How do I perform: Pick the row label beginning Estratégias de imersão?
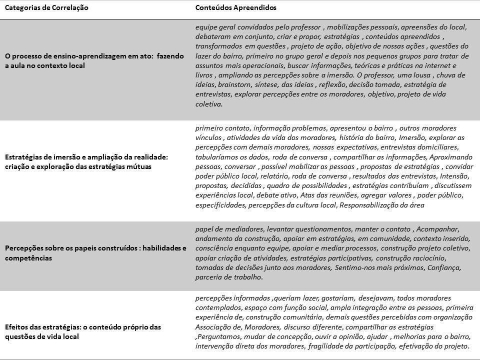click(x=86, y=161)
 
